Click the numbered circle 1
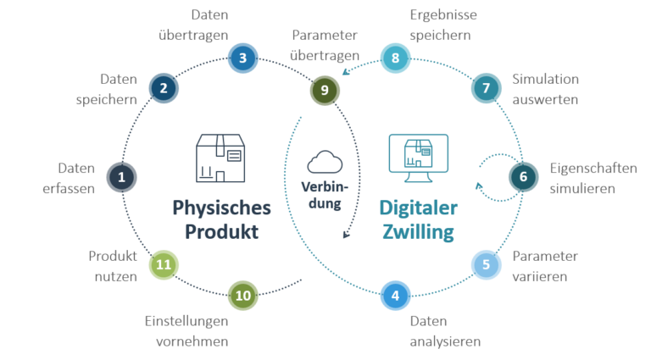[121, 177]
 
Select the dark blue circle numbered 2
[164, 87]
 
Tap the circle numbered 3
[242, 58]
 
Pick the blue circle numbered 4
[395, 296]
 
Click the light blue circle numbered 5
[486, 264]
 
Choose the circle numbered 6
[523, 176]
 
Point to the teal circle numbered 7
[486, 88]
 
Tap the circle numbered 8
[395, 58]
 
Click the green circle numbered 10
[243, 296]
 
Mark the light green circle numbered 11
[164, 264]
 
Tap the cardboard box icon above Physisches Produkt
[220, 159]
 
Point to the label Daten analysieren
[445, 331]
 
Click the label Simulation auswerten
[545, 89]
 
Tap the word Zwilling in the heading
[417, 231]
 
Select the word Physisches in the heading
[221, 208]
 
